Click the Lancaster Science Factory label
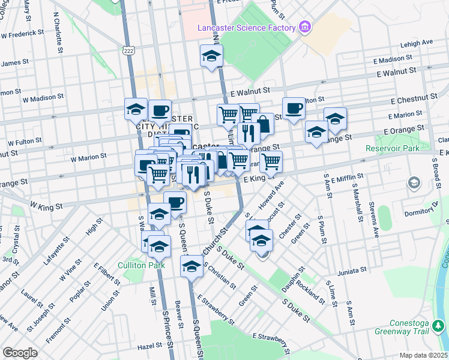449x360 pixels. [x=247, y=28]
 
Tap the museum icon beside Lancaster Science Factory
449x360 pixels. [x=305, y=27]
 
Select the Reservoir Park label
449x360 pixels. [x=393, y=148]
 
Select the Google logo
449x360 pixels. [x=20, y=352]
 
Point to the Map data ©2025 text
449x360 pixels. [x=423, y=355]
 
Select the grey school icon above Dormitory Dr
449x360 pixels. [x=414, y=182]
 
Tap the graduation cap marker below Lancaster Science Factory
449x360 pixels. [x=211, y=56]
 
